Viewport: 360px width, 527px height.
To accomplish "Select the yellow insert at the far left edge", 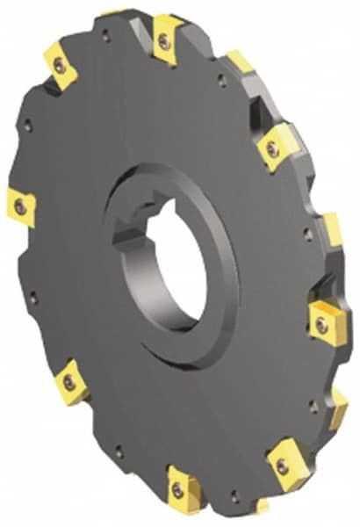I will (x=19, y=207).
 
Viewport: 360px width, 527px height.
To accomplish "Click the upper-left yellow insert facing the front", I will (x=60, y=69).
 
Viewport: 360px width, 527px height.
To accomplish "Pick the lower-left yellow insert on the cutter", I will (x=70, y=383).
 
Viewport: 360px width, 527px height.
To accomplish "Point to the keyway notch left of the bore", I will (x=124, y=237).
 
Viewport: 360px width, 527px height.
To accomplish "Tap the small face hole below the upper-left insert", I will (x=30, y=126).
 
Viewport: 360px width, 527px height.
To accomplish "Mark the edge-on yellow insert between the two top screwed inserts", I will (x=238, y=63).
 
